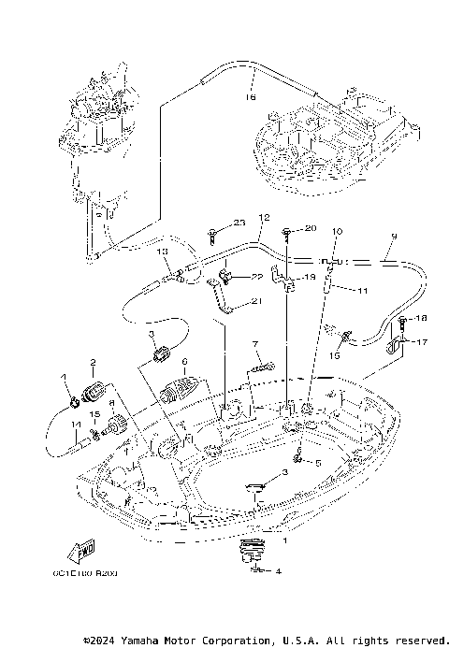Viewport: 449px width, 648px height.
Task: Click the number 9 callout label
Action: coord(394,236)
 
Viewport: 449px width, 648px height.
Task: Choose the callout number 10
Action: coord(337,231)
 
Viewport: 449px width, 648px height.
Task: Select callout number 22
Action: coord(254,277)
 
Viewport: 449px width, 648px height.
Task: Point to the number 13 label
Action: coord(162,252)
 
